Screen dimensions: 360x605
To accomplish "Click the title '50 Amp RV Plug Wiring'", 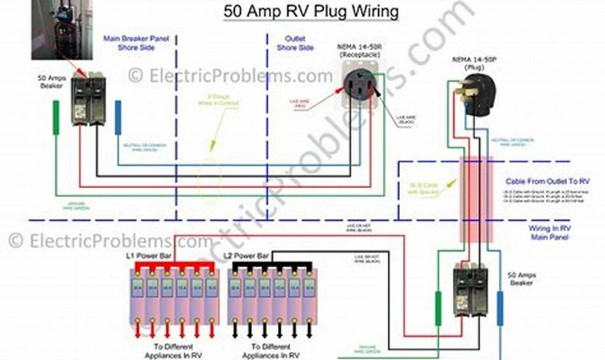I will (311, 11).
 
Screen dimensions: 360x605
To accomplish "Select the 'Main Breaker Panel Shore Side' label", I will (136, 43).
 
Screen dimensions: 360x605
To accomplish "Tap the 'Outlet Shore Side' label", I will (295, 43).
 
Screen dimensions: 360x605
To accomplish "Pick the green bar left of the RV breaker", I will (438, 308).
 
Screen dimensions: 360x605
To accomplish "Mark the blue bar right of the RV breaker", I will (500, 308).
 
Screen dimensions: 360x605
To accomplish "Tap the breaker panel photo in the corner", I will (61, 30).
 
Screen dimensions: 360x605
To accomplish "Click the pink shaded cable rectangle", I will (476, 200).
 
